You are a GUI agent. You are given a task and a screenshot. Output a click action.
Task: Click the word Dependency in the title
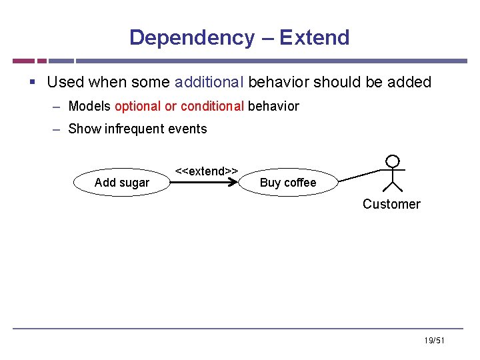tap(191, 37)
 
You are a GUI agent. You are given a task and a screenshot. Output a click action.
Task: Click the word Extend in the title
tap(314, 37)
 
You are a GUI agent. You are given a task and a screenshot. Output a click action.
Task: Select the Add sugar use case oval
tap(121, 183)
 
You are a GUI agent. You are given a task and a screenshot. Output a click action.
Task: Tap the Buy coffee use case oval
tap(287, 183)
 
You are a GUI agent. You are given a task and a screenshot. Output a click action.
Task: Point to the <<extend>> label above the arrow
tap(207, 171)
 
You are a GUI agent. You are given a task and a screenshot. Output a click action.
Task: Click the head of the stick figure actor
tap(393, 161)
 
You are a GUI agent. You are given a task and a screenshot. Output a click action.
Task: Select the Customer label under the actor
tap(391, 204)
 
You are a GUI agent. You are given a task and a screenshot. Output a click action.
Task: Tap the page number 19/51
tap(433, 341)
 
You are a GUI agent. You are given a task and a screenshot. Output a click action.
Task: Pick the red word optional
tap(138, 106)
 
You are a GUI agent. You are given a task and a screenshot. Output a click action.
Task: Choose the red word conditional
tap(212, 106)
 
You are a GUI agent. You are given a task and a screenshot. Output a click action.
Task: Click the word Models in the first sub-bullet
tap(89, 106)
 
